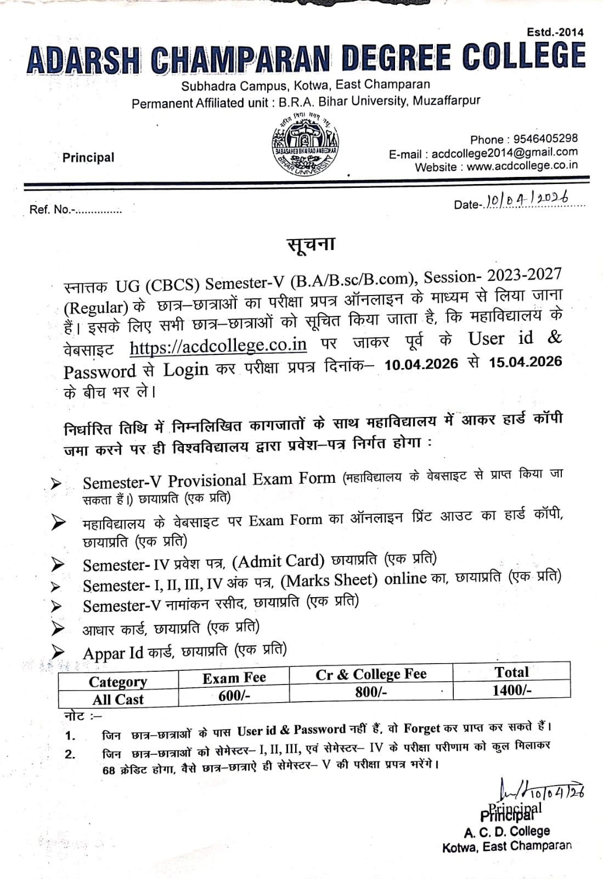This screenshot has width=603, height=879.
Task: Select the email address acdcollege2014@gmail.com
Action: point(504,153)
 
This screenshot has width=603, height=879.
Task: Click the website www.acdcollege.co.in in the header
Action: point(522,166)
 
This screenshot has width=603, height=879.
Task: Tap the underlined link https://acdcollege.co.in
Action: point(218,346)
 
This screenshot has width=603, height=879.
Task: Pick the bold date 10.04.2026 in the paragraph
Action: point(421,364)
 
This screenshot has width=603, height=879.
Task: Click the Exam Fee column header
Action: point(234,678)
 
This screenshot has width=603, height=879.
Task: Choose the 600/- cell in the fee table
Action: point(234,695)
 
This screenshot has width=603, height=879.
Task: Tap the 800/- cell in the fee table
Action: point(371,692)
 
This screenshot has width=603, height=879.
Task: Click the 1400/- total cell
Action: point(511,690)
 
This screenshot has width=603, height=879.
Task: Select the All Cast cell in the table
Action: point(117,699)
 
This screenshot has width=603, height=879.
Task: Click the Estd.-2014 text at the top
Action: point(555,32)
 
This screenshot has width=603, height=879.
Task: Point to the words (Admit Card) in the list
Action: point(278,561)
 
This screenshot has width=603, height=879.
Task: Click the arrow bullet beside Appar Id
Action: point(57,652)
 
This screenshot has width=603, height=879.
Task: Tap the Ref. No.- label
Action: point(50,209)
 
